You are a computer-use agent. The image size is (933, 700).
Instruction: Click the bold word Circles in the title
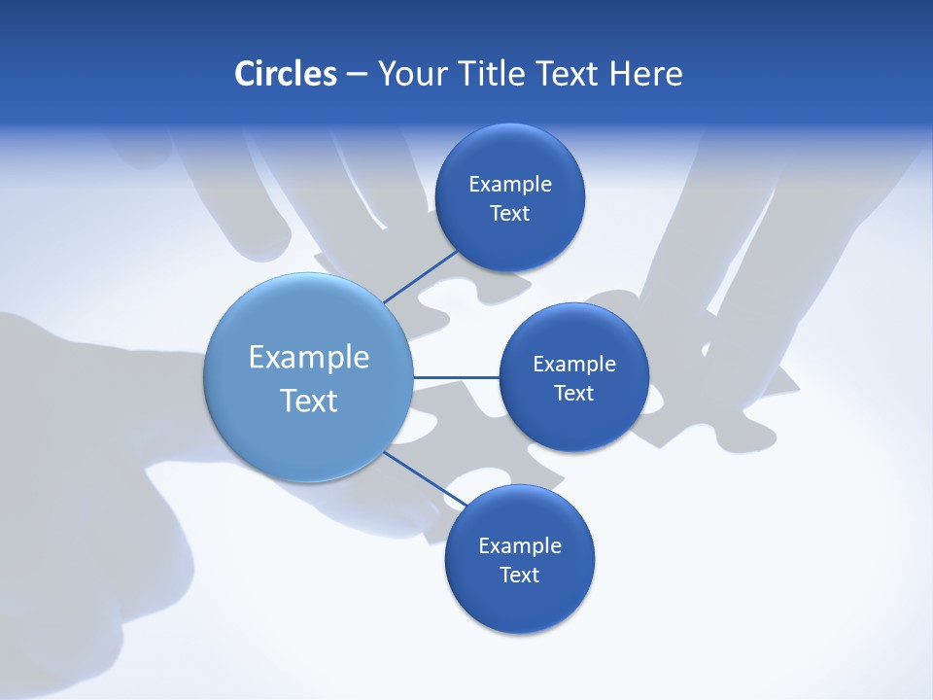[x=286, y=74]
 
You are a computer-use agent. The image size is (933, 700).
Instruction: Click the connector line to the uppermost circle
[x=421, y=276]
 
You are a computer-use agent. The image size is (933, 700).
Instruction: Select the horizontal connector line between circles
[x=456, y=377]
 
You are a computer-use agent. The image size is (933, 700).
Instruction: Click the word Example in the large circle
[x=309, y=358]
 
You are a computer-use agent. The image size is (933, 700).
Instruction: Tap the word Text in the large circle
[x=309, y=401]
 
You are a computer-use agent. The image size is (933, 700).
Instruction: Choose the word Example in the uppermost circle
[x=510, y=185]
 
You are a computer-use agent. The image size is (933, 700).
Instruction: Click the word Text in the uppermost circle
[x=510, y=214]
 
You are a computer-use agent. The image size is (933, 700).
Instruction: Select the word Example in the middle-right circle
[x=574, y=365]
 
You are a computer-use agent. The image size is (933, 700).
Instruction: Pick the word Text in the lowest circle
[x=520, y=576]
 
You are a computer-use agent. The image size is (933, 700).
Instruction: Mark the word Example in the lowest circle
[x=520, y=546]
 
